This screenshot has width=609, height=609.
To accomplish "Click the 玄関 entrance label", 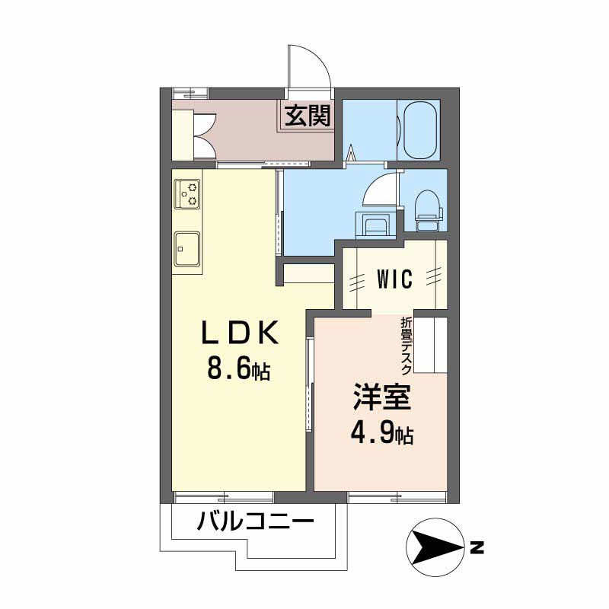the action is tap(308, 116).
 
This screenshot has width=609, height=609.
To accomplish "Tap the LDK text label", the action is tap(240, 332).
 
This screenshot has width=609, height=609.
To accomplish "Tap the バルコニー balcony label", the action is tap(255, 521).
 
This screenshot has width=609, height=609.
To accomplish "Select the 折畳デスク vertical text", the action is tap(407, 346).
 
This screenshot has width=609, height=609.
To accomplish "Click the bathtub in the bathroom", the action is tap(419, 130).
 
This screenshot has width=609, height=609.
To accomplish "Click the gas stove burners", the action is tap(187, 194).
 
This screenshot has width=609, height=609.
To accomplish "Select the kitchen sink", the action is tap(187, 249).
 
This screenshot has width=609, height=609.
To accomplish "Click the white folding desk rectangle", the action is tap(430, 346).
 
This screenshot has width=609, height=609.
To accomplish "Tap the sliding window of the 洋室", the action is tap(397, 497).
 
